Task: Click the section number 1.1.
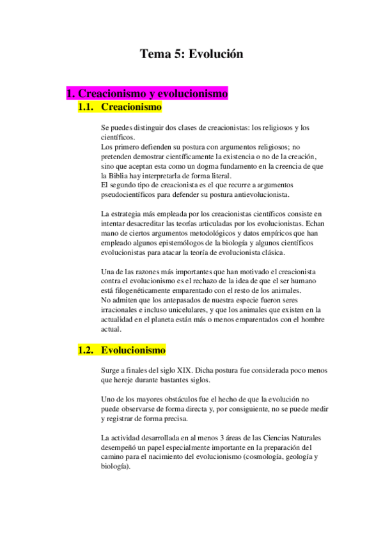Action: (x=86, y=107)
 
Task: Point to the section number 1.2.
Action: (x=86, y=350)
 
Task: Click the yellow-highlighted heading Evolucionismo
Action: (x=133, y=350)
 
